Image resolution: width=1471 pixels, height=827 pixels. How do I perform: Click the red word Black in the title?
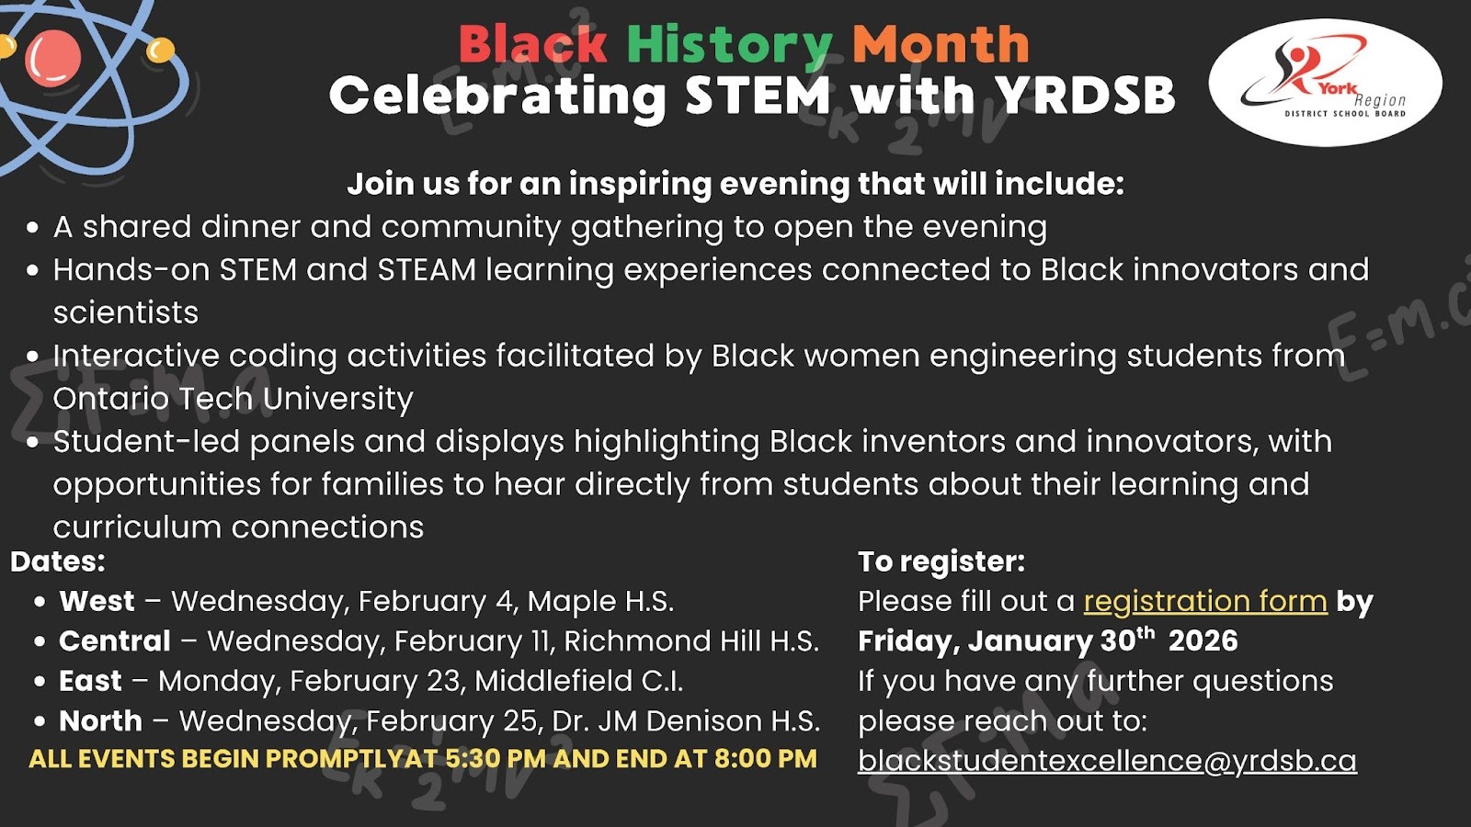(x=532, y=45)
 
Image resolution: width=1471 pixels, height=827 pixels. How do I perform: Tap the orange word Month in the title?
(x=941, y=45)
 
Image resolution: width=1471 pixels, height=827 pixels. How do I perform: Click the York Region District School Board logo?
(x=1325, y=83)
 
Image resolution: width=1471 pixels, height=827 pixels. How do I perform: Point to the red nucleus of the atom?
(x=53, y=59)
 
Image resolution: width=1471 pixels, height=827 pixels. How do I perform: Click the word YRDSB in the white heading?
(x=1085, y=96)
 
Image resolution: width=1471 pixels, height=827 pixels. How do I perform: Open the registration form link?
(x=1205, y=602)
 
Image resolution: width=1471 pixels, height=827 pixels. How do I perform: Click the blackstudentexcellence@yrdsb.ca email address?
(x=1107, y=761)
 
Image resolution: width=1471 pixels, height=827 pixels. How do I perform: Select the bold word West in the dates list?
(x=97, y=601)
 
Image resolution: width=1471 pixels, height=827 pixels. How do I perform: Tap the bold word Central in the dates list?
(x=115, y=641)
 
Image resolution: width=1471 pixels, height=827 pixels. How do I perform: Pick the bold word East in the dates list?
(x=90, y=681)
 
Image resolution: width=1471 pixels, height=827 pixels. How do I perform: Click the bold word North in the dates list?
(x=100, y=721)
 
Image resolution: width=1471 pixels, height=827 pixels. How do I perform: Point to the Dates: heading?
(x=58, y=561)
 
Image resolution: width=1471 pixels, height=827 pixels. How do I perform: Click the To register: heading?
(x=941, y=561)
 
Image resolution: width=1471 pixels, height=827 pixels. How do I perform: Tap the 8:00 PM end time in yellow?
(x=766, y=759)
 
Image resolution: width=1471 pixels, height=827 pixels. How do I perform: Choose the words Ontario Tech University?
(x=234, y=399)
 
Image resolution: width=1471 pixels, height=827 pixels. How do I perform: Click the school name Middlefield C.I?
(x=578, y=681)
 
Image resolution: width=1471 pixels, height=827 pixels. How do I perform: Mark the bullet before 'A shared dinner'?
(x=33, y=228)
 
